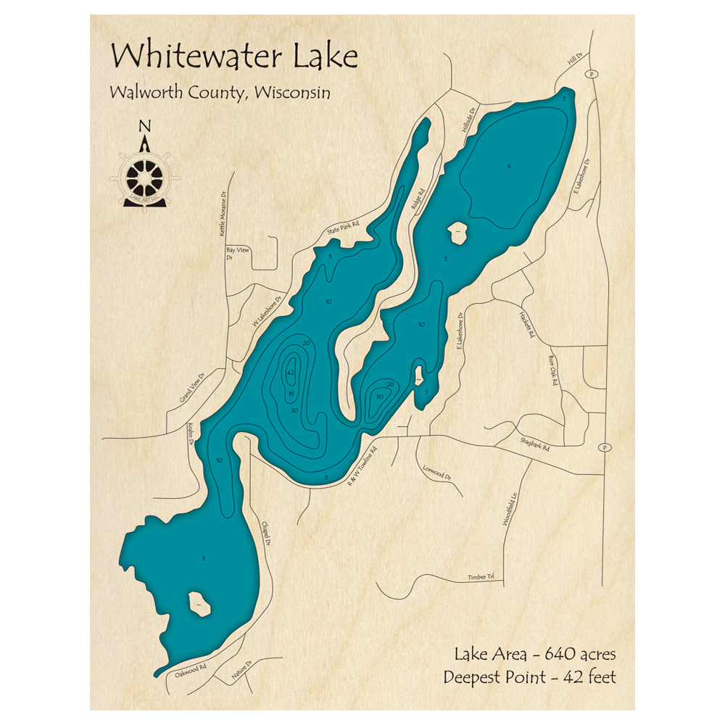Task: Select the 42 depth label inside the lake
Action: (291, 373)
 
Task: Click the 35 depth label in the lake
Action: (291, 394)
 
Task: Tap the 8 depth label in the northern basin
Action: (509, 167)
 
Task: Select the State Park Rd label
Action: (343, 228)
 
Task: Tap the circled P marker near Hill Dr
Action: (592, 74)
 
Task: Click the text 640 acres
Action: (578, 654)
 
